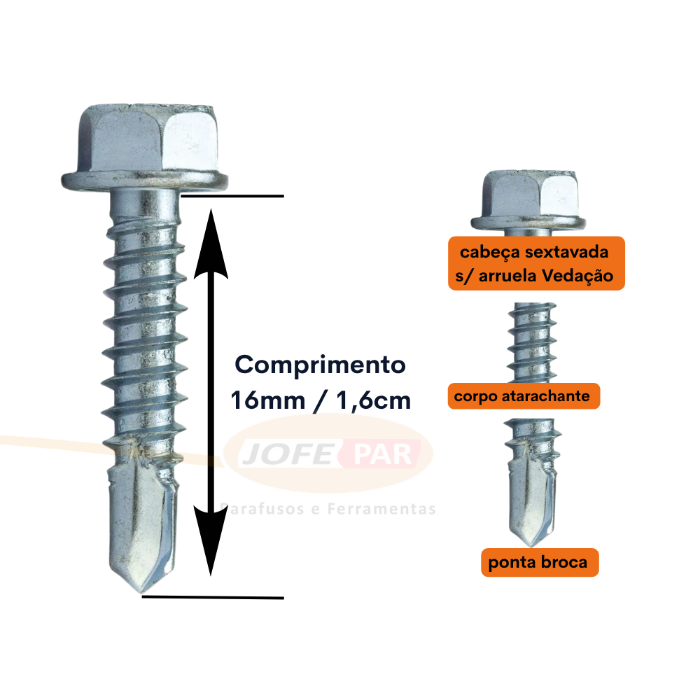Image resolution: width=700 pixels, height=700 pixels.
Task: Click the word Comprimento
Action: click(320, 365)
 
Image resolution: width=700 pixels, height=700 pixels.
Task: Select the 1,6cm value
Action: click(373, 400)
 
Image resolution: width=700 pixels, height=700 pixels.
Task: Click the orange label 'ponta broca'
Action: click(539, 563)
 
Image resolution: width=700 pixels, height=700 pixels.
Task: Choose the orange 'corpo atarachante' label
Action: click(524, 396)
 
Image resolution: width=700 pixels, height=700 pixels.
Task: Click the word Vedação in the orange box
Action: click(577, 275)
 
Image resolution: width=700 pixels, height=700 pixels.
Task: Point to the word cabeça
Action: click(490, 253)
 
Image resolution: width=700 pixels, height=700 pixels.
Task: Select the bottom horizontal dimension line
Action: click(213, 597)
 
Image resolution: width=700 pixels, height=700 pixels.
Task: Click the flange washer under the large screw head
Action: click(145, 181)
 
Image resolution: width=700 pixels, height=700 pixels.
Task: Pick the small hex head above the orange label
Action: click(529, 199)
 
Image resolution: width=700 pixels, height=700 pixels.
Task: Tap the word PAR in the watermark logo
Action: click(383, 454)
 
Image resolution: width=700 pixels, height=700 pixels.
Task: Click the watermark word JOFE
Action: click(288, 454)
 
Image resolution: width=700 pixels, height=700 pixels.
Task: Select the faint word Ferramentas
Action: click(381, 509)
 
